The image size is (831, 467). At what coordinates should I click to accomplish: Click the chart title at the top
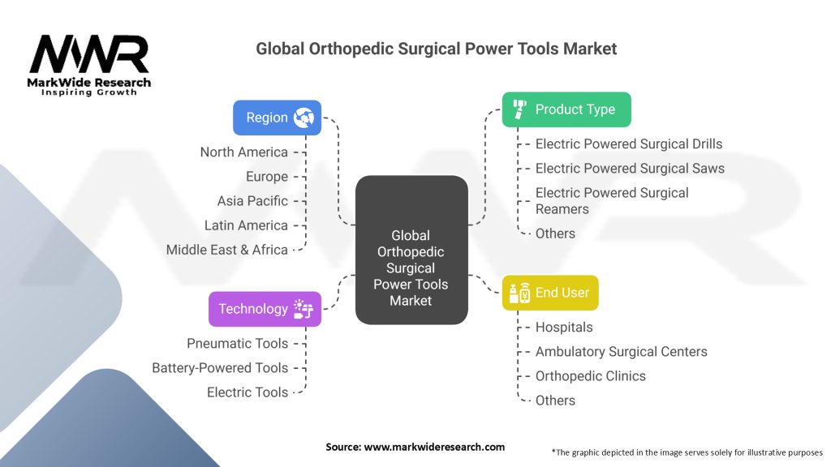436,49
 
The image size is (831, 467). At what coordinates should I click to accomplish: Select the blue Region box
277,118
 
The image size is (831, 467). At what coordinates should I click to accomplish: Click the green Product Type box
566,109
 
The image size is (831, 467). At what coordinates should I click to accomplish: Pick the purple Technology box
265,309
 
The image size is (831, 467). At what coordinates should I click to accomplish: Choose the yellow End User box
549,293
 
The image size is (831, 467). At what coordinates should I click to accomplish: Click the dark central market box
411,251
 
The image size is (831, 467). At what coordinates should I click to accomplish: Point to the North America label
244,152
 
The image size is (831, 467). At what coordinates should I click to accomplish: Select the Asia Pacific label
252,201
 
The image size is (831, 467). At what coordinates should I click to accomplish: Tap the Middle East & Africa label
227,250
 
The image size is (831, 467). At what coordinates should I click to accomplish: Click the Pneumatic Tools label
237,344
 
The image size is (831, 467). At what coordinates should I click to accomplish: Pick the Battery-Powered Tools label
220,368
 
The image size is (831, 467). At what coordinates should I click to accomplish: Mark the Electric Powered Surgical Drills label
628,144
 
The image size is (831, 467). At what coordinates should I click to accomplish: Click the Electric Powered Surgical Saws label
630,169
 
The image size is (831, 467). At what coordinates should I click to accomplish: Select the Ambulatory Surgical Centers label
621,352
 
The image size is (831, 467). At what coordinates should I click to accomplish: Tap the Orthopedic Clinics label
590,376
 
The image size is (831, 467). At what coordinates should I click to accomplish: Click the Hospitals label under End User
564,328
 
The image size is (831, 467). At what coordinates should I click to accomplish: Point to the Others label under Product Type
555,233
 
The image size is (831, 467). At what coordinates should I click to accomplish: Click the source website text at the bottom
415,447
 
